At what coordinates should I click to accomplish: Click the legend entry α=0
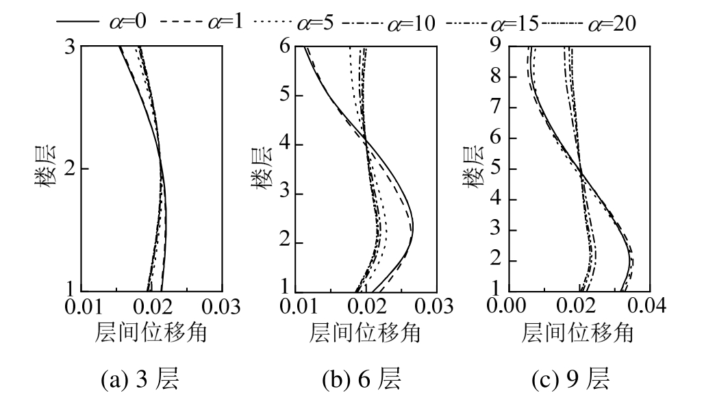click(103, 23)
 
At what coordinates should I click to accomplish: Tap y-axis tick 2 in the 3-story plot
click(71, 168)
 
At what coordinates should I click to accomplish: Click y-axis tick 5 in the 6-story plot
click(288, 95)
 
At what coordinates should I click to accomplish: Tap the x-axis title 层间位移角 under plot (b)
click(366, 332)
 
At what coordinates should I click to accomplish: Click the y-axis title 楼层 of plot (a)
click(46, 168)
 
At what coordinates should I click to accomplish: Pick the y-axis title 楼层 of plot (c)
click(472, 168)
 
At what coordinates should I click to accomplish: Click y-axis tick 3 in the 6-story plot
click(288, 194)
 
